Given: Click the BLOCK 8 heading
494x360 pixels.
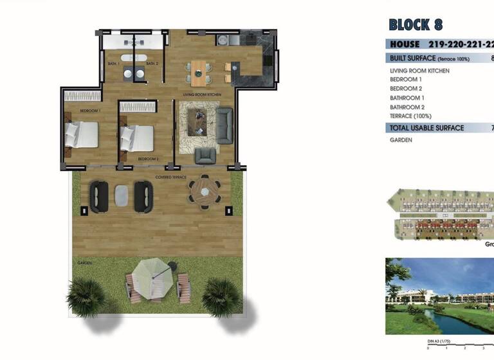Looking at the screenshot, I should click(416, 25).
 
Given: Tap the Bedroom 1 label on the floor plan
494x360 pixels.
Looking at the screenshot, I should click(90, 111).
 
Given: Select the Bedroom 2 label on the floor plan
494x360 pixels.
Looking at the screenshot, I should click(148, 158).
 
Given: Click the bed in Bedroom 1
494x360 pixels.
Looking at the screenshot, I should click(82, 134).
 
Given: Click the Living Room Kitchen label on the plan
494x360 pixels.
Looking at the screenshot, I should click(202, 94).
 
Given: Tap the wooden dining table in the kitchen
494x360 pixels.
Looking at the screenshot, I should click(201, 72).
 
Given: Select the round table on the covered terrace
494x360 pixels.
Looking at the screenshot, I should click(205, 191).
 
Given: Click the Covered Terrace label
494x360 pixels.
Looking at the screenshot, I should click(170, 176).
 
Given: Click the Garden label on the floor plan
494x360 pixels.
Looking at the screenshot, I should click(84, 263).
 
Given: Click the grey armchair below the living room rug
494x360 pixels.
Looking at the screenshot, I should click(205, 156).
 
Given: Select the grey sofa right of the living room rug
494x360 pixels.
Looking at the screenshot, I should click(224, 124).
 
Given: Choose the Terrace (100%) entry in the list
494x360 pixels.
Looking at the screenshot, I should click(410, 116).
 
